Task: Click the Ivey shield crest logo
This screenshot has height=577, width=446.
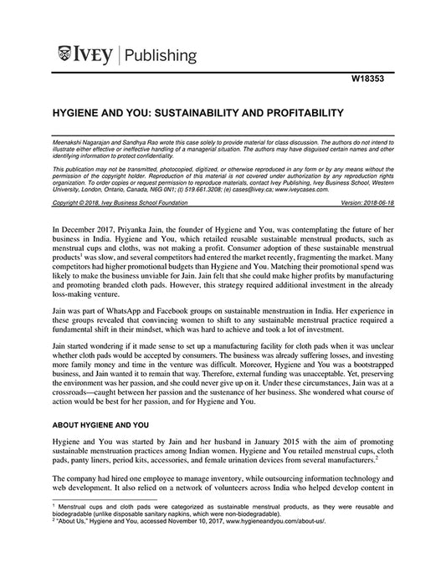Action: (x=64, y=56)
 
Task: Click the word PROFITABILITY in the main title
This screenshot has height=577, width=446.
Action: (x=284, y=111)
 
